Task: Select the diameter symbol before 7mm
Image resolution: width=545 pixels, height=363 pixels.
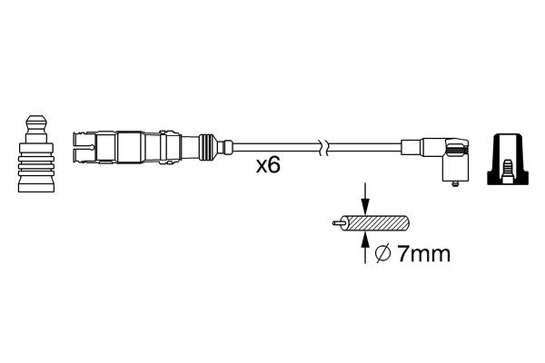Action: coord(383,256)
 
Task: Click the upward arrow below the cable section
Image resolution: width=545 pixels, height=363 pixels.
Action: coord(365,243)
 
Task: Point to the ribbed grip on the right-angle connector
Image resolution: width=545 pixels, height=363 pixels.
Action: coord(459,149)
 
